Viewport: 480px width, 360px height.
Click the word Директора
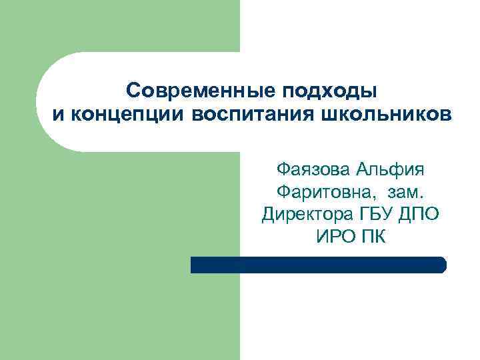tap(304, 214)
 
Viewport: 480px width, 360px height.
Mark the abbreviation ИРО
tap(336, 236)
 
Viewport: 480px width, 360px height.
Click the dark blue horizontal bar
tap(318, 265)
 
